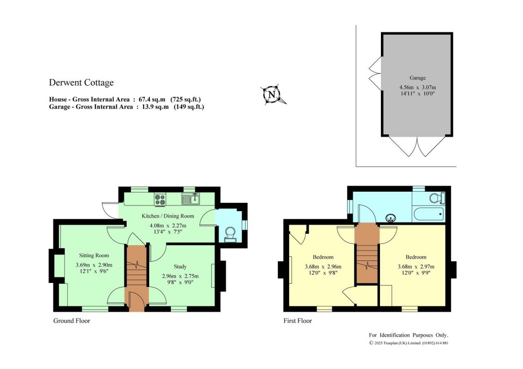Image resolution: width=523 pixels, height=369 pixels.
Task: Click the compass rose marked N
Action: pos(273,94)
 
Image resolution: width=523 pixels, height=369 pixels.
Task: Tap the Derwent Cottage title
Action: pos(82,83)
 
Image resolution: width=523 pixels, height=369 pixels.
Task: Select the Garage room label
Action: pos(417,78)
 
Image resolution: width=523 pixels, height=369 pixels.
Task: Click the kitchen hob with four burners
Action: pos(160,199)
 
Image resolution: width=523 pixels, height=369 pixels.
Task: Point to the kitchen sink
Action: pos(190,199)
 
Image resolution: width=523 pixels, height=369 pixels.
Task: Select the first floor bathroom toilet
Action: pos(437,198)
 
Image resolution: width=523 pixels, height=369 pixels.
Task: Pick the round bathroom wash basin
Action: pos(391,219)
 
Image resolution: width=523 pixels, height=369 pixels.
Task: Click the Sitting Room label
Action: pos(94,255)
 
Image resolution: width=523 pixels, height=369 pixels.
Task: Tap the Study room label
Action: pos(180,266)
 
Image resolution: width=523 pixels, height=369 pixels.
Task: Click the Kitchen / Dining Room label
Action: pos(168,216)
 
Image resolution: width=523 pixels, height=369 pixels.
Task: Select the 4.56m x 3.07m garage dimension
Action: pos(417,87)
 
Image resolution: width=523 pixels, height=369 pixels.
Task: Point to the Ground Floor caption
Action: pos(72,321)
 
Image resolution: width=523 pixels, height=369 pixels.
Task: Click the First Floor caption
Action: pos(297,321)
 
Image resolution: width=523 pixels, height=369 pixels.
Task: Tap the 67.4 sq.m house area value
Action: pos(152,99)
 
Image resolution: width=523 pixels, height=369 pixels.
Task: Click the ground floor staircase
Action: pos(137,270)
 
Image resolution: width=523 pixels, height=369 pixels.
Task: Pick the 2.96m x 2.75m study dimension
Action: pos(180,276)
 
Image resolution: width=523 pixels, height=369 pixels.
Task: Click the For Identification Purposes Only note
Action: pos(409,335)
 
